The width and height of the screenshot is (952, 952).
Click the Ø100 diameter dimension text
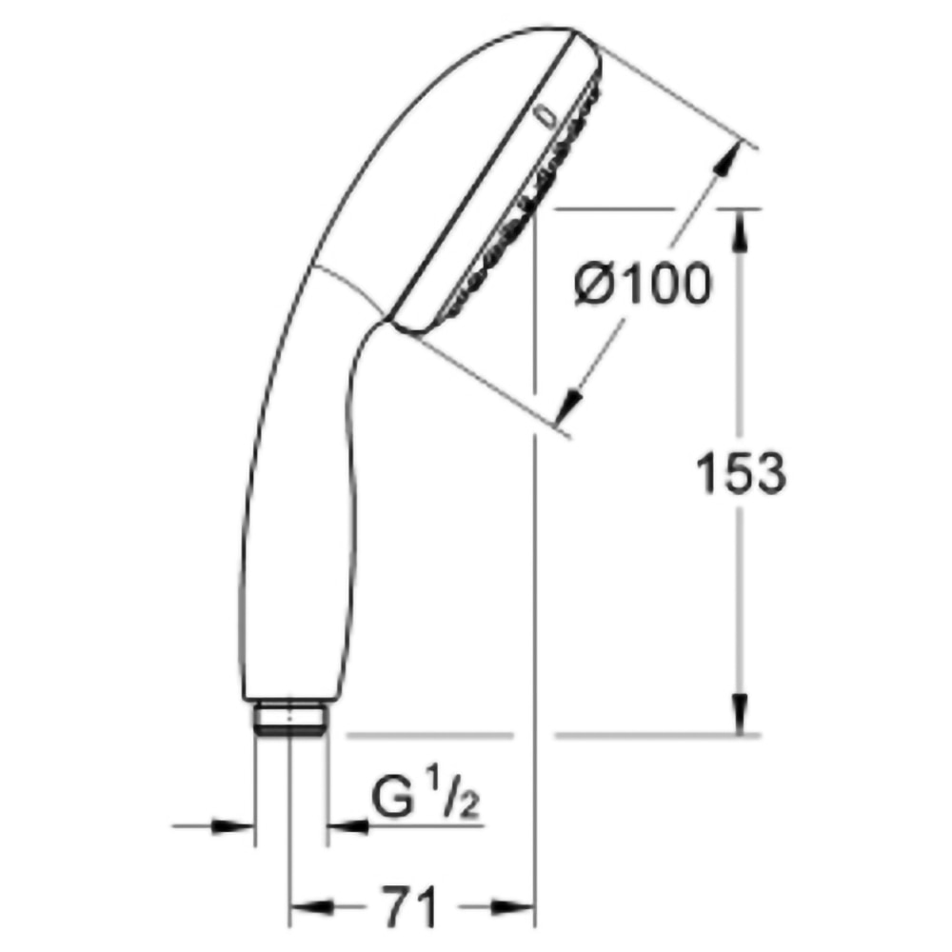pyautogui.click(x=644, y=286)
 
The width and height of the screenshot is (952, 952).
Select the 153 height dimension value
pyautogui.click(x=741, y=473)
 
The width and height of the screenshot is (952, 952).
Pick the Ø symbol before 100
pyautogui.click(x=596, y=286)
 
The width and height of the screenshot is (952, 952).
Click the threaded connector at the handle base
pyautogui.click(x=291, y=717)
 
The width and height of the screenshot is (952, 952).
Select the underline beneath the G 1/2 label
pyautogui.click(x=419, y=825)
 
